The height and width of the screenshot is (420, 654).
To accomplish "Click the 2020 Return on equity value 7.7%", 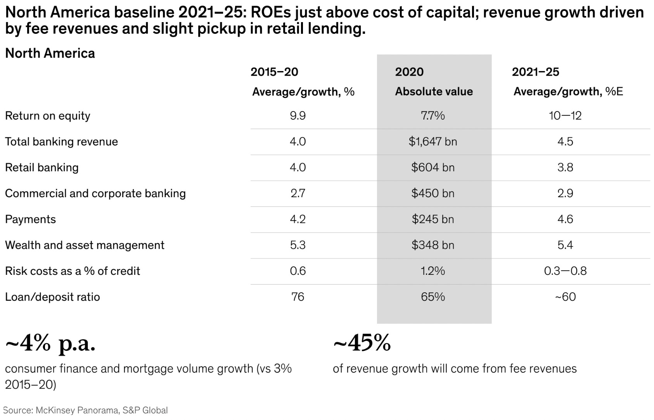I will pyautogui.click(x=433, y=116).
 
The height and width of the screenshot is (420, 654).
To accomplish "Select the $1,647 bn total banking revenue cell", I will pyautogui.click(x=433, y=142).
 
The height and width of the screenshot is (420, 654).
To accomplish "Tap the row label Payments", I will pyautogui.click(x=30, y=219).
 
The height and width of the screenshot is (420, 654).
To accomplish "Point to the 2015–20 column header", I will pyautogui.click(x=274, y=72).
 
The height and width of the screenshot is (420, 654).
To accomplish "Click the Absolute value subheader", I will pyautogui.click(x=434, y=92).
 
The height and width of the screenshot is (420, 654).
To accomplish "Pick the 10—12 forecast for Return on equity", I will pyautogui.click(x=565, y=116).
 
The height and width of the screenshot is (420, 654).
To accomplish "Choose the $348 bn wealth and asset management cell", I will pyautogui.click(x=433, y=245).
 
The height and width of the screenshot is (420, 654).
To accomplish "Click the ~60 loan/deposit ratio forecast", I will pyautogui.click(x=565, y=297).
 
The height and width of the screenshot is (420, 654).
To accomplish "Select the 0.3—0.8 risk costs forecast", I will pyautogui.click(x=565, y=271).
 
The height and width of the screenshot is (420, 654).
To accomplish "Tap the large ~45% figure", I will pyautogui.click(x=362, y=343).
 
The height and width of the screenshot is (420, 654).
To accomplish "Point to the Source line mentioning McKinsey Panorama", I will pyautogui.click(x=85, y=410).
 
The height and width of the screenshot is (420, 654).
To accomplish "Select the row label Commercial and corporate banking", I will pyautogui.click(x=95, y=193).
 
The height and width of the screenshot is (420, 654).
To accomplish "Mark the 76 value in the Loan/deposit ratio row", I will pyautogui.click(x=298, y=297).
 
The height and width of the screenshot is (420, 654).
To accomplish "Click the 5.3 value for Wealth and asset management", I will pyautogui.click(x=298, y=245).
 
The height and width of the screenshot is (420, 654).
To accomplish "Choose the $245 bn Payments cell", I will pyautogui.click(x=433, y=219).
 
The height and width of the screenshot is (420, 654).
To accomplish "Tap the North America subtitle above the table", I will pyautogui.click(x=50, y=53).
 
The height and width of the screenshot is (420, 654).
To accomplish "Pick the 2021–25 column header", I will pyautogui.click(x=535, y=72).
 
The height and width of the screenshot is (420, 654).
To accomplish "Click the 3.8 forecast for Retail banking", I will pyautogui.click(x=565, y=168).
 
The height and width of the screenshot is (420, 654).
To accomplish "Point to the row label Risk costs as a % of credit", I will pyautogui.click(x=72, y=271).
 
